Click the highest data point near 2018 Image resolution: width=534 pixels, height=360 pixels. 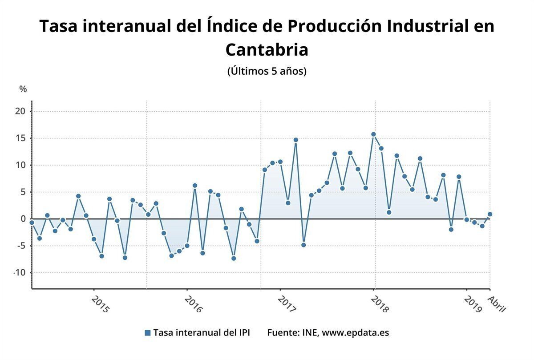373,134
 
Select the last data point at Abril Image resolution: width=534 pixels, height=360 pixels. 490,214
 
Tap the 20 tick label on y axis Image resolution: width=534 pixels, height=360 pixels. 21,111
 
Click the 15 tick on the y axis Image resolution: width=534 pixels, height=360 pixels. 21,138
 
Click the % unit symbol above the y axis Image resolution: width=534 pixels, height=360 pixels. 23,89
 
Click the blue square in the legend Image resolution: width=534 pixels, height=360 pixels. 148,333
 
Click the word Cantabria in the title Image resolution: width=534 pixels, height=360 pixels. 267,49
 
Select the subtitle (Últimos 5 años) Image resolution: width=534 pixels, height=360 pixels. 267,71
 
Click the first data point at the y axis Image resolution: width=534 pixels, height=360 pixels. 32,222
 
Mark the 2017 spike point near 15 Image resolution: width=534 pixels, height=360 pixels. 295,140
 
